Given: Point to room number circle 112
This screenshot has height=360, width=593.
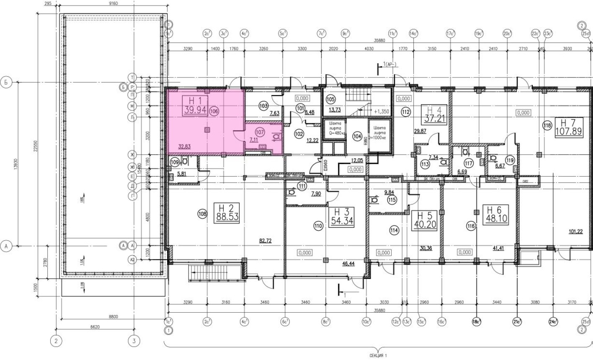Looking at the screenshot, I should pyautogui.click(x=405, y=112).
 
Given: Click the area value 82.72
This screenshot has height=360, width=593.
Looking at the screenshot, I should pyautogui.click(x=266, y=241).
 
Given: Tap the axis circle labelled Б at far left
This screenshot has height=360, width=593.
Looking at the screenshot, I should pyautogui.click(x=6, y=82).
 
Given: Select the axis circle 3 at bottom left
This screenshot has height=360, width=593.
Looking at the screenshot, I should pyautogui.click(x=134, y=341).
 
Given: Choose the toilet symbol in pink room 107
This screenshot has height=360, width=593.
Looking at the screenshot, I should pyautogui.click(x=276, y=136).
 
